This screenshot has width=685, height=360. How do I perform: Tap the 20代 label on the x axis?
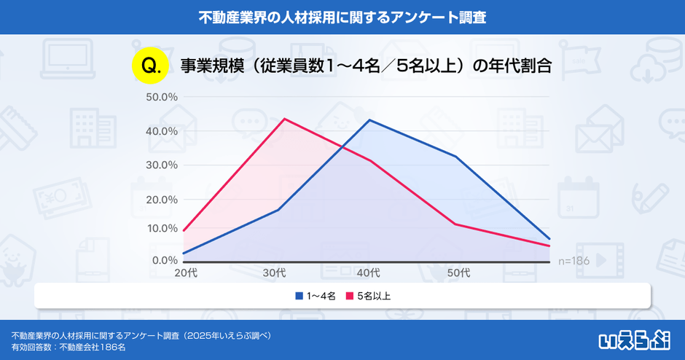tap(185, 273)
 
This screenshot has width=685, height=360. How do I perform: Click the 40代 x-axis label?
tap(368, 273)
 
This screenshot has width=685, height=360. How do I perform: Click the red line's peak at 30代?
tap(283, 119)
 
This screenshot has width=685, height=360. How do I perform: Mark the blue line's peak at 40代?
tap(370, 120)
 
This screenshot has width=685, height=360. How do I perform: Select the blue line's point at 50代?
tap(456, 157)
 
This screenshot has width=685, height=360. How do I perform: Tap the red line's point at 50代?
tap(456, 224)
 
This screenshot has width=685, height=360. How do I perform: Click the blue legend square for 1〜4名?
tap(298, 297)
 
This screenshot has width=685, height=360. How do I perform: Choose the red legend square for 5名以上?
tap(348, 297)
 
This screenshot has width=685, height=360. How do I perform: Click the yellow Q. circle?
tap(150, 64)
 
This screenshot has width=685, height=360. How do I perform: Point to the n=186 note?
tap(574, 260)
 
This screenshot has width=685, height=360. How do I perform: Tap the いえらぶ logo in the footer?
tap(634, 339)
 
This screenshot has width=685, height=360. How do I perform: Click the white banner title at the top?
tap(342, 16)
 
